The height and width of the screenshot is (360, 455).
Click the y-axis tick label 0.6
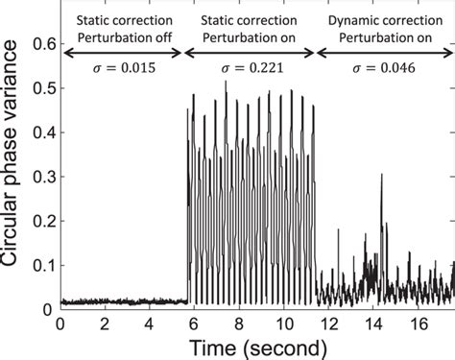tap(40, 43)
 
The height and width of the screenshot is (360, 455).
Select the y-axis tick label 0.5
tap(40, 89)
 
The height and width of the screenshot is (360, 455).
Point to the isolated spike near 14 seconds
tap(381, 178)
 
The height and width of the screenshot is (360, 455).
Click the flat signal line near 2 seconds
tap(105, 301)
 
